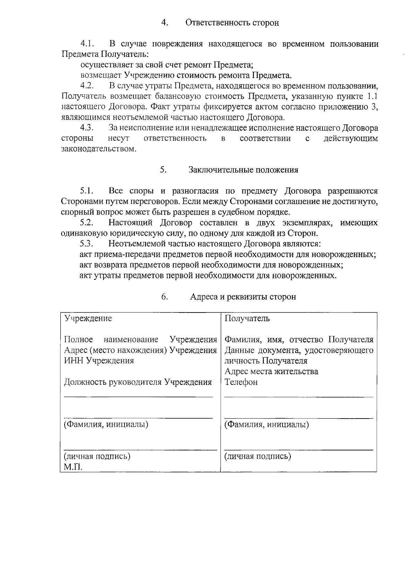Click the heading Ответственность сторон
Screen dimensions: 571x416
(232, 23)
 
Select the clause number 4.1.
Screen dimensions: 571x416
(87, 44)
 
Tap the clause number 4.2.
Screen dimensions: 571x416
(87, 86)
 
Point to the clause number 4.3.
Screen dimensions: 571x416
(87, 128)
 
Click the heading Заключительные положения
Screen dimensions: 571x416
(243, 170)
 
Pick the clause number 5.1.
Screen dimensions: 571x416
(87, 191)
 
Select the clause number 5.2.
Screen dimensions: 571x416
(87, 222)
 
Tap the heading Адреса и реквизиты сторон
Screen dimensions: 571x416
(243, 297)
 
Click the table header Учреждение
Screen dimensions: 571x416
(88, 318)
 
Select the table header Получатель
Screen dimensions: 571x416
(247, 318)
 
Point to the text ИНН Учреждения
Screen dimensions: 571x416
(99, 361)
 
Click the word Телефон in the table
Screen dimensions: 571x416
(241, 382)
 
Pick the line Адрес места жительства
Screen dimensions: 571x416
(271, 371)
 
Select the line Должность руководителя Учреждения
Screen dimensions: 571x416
(138, 382)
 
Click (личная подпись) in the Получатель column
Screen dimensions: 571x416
(258, 456)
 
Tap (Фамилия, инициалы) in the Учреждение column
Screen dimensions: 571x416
(106, 424)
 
